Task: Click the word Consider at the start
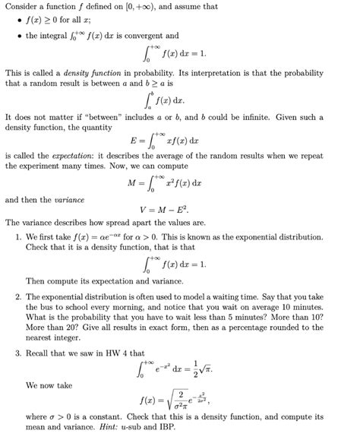click(x=22, y=6)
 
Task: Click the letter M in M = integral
click(x=131, y=183)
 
